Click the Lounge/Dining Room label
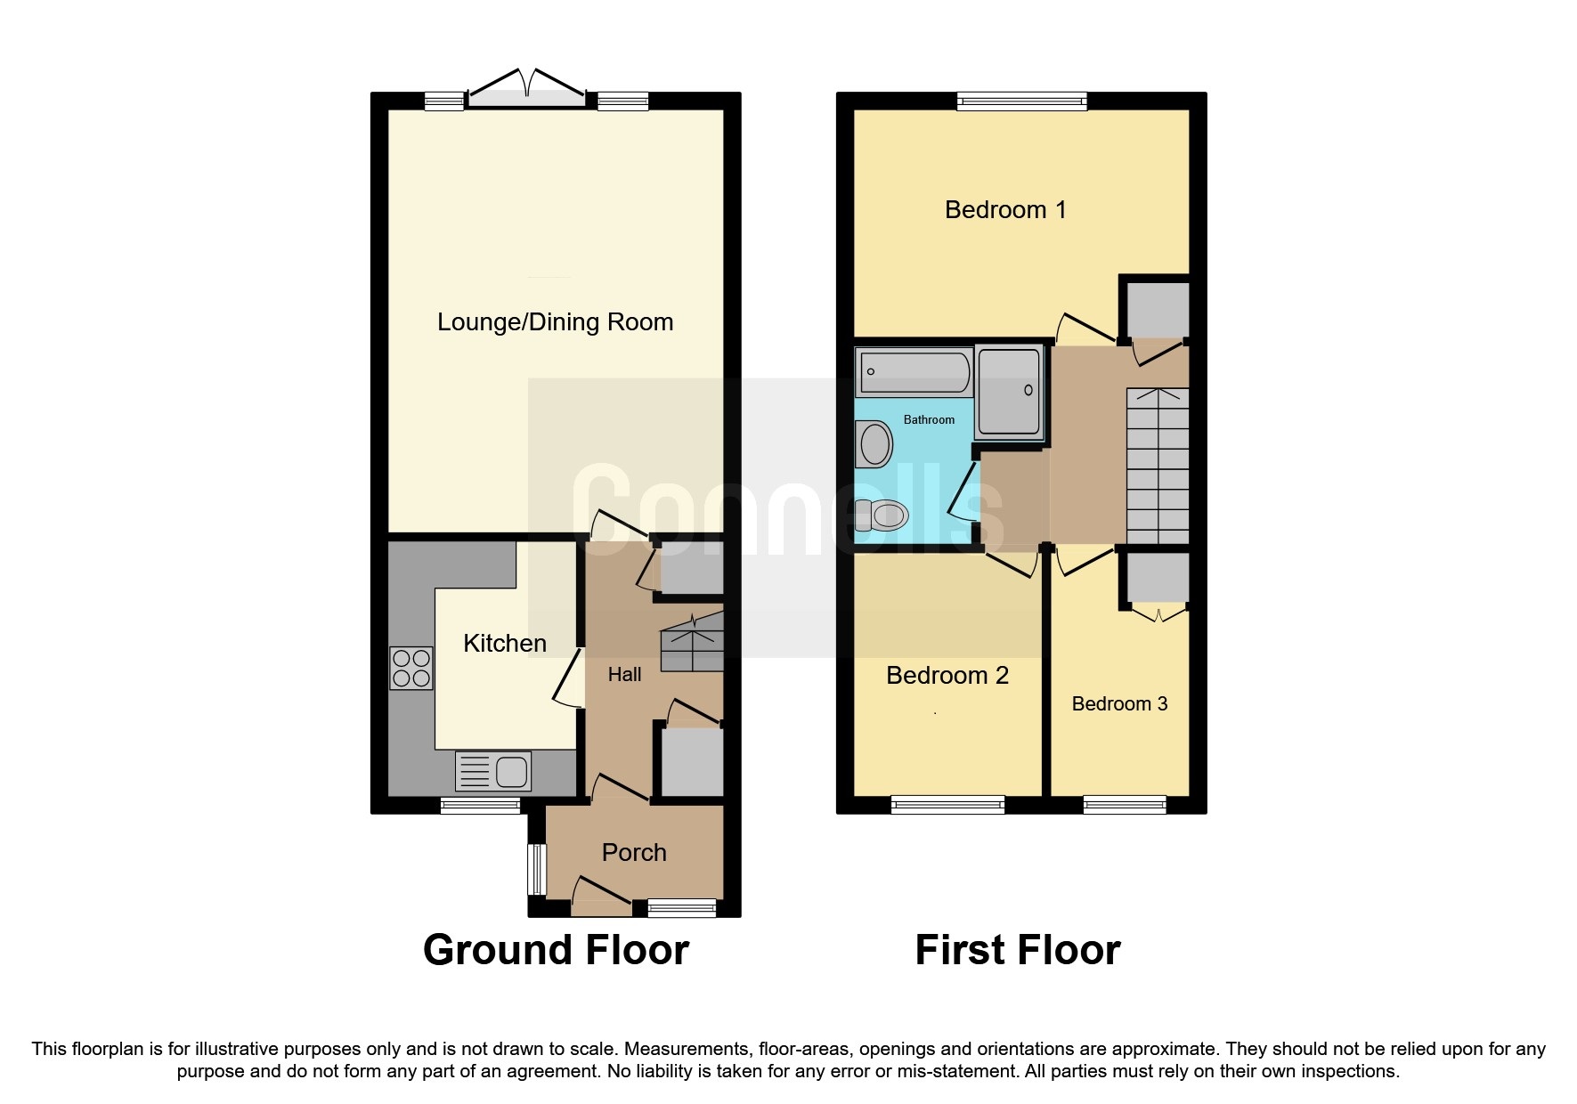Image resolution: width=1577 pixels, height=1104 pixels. pyautogui.click(x=555, y=322)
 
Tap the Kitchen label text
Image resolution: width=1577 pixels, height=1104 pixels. pyautogui.click(x=504, y=644)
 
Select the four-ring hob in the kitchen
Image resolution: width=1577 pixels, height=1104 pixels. pyautogui.click(x=411, y=669)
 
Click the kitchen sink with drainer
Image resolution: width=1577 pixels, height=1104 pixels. pyautogui.click(x=492, y=771)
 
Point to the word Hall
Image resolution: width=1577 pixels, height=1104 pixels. pyautogui.click(x=624, y=675)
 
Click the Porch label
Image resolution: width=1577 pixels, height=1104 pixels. pyautogui.click(x=634, y=853)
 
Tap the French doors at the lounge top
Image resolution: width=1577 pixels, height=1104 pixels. pyautogui.click(x=527, y=89)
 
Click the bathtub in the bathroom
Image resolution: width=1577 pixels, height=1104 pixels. pyautogui.click(x=914, y=372)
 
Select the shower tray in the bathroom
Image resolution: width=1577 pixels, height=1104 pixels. pyautogui.click(x=1009, y=392)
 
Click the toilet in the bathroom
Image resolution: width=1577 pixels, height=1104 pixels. pyautogui.click(x=882, y=515)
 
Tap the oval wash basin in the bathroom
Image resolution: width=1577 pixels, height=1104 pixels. pyautogui.click(x=875, y=443)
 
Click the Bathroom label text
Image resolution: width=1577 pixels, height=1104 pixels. pyautogui.click(x=929, y=419)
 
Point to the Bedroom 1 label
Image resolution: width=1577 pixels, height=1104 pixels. pyautogui.click(x=1004, y=210)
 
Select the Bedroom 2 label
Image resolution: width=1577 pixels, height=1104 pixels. pyautogui.click(x=947, y=676)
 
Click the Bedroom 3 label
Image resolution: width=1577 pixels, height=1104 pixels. pyautogui.click(x=1119, y=704)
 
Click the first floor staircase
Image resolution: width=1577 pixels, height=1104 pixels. pyautogui.click(x=1158, y=466)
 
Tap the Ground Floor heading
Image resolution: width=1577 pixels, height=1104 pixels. pyautogui.click(x=556, y=950)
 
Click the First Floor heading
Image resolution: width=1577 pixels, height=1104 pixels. pyautogui.click(x=1017, y=950)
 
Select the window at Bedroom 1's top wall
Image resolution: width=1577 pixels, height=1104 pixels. pyautogui.click(x=1021, y=101)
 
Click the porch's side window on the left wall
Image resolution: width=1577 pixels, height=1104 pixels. pyautogui.click(x=536, y=869)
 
